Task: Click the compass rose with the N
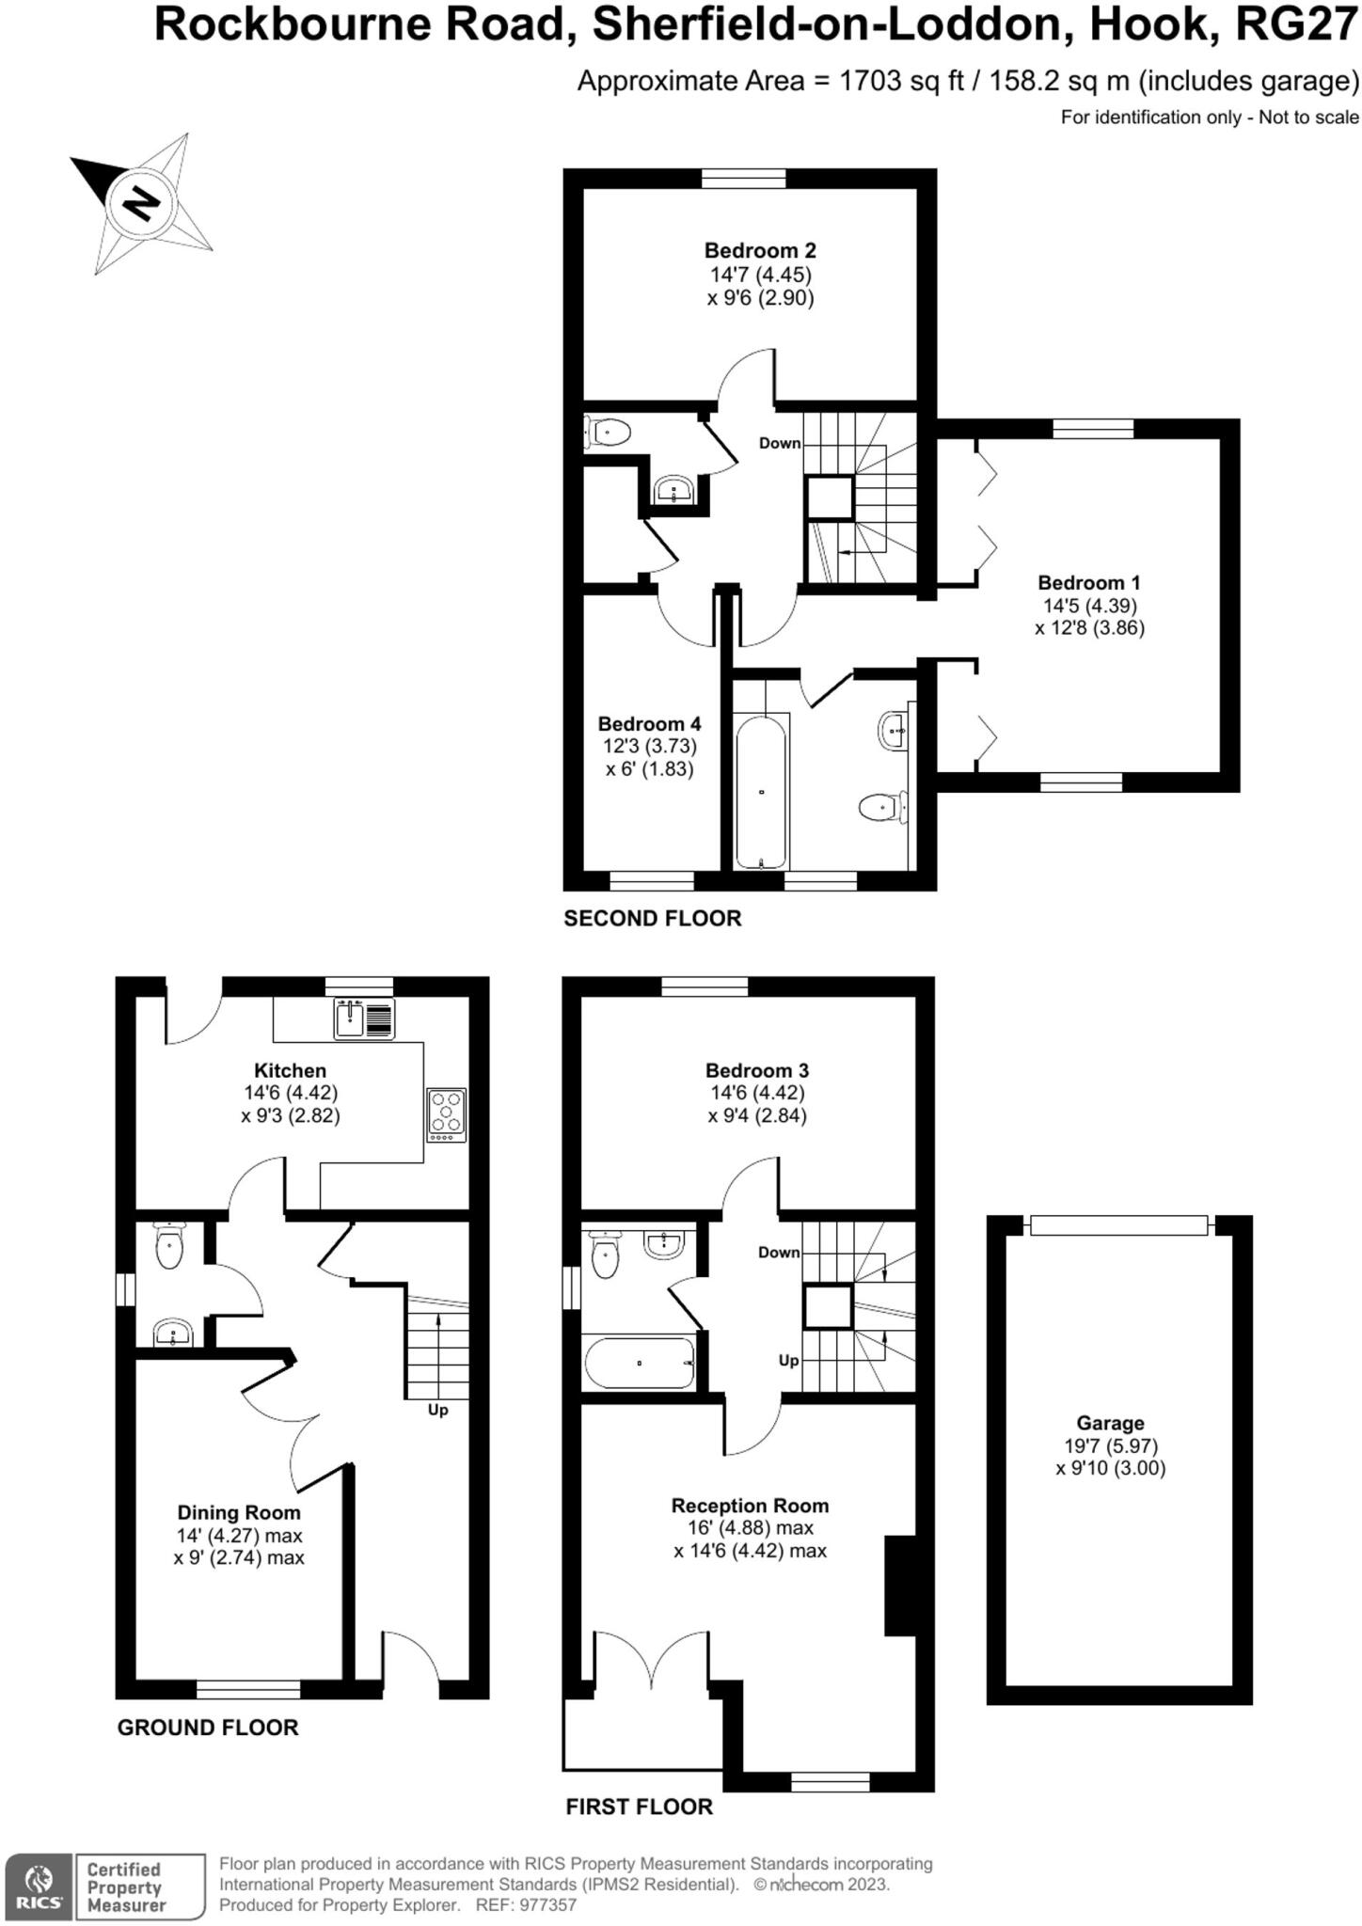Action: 140,203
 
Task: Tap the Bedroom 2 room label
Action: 760,250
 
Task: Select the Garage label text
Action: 1110,1423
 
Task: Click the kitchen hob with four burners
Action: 446,1114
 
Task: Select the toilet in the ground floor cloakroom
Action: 169,1247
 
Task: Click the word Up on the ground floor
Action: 438,1410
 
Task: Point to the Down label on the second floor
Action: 780,443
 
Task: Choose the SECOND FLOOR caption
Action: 652,918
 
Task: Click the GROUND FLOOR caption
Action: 207,1727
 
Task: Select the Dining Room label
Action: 239,1512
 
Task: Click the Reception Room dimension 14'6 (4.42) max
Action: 750,1551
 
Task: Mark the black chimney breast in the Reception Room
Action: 900,1587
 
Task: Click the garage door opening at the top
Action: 1118,1224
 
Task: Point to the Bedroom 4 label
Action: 649,723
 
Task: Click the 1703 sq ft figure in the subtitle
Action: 901,81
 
